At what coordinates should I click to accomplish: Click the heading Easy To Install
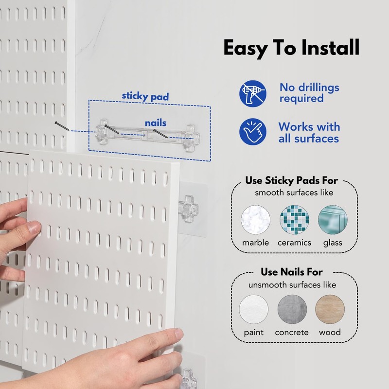(x=291, y=48)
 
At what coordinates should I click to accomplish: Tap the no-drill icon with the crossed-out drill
(x=253, y=94)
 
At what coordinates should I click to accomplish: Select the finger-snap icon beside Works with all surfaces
(x=253, y=133)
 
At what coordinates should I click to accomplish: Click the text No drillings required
(x=309, y=93)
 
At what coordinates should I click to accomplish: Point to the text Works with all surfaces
(x=308, y=132)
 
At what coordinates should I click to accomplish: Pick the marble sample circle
(x=256, y=219)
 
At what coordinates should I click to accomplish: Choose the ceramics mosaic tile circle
(x=294, y=219)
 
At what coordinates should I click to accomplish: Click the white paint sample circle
(x=254, y=309)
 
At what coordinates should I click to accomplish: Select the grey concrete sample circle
(x=292, y=309)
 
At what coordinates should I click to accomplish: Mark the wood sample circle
(x=330, y=309)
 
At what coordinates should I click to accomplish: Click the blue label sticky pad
(x=145, y=96)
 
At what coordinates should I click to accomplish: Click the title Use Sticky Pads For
(x=292, y=181)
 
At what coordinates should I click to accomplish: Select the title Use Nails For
(x=292, y=272)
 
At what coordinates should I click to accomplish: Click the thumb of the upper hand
(x=32, y=227)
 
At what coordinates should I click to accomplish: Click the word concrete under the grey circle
(x=292, y=333)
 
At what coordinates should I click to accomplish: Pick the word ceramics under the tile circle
(x=294, y=243)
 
